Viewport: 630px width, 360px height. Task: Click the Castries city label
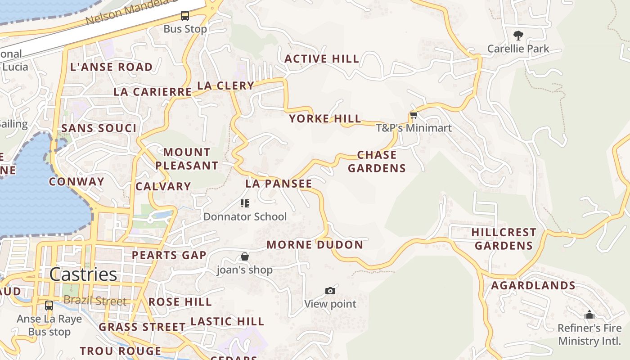coord(83,274)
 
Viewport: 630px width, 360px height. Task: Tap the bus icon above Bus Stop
coord(185,16)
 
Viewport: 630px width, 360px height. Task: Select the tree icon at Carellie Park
coord(518,35)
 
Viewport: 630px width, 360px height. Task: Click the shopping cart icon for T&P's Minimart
coord(414,115)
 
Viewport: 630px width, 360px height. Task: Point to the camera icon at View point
coord(330,291)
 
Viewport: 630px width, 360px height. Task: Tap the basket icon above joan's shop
coord(245,257)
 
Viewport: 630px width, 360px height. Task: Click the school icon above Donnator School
coord(245,203)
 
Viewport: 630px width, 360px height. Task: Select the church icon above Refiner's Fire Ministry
coord(589,315)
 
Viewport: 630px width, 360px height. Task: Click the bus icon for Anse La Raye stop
coord(49,306)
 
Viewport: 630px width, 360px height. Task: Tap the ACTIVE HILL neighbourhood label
coord(322,59)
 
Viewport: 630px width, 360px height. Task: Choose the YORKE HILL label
coord(325,119)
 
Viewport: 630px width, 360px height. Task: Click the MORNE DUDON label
coord(315,245)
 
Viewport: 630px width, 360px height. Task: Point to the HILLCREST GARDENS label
coord(504,239)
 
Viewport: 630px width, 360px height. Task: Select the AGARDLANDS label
coord(533,286)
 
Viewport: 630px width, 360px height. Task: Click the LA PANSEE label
coord(279,184)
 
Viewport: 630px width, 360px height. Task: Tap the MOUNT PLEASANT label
coord(187,159)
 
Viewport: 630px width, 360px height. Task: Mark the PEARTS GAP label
coord(169,255)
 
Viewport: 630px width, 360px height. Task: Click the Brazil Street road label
coord(95,301)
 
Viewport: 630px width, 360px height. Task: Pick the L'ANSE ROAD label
coord(111,67)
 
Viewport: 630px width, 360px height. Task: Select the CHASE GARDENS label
coord(377,162)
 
